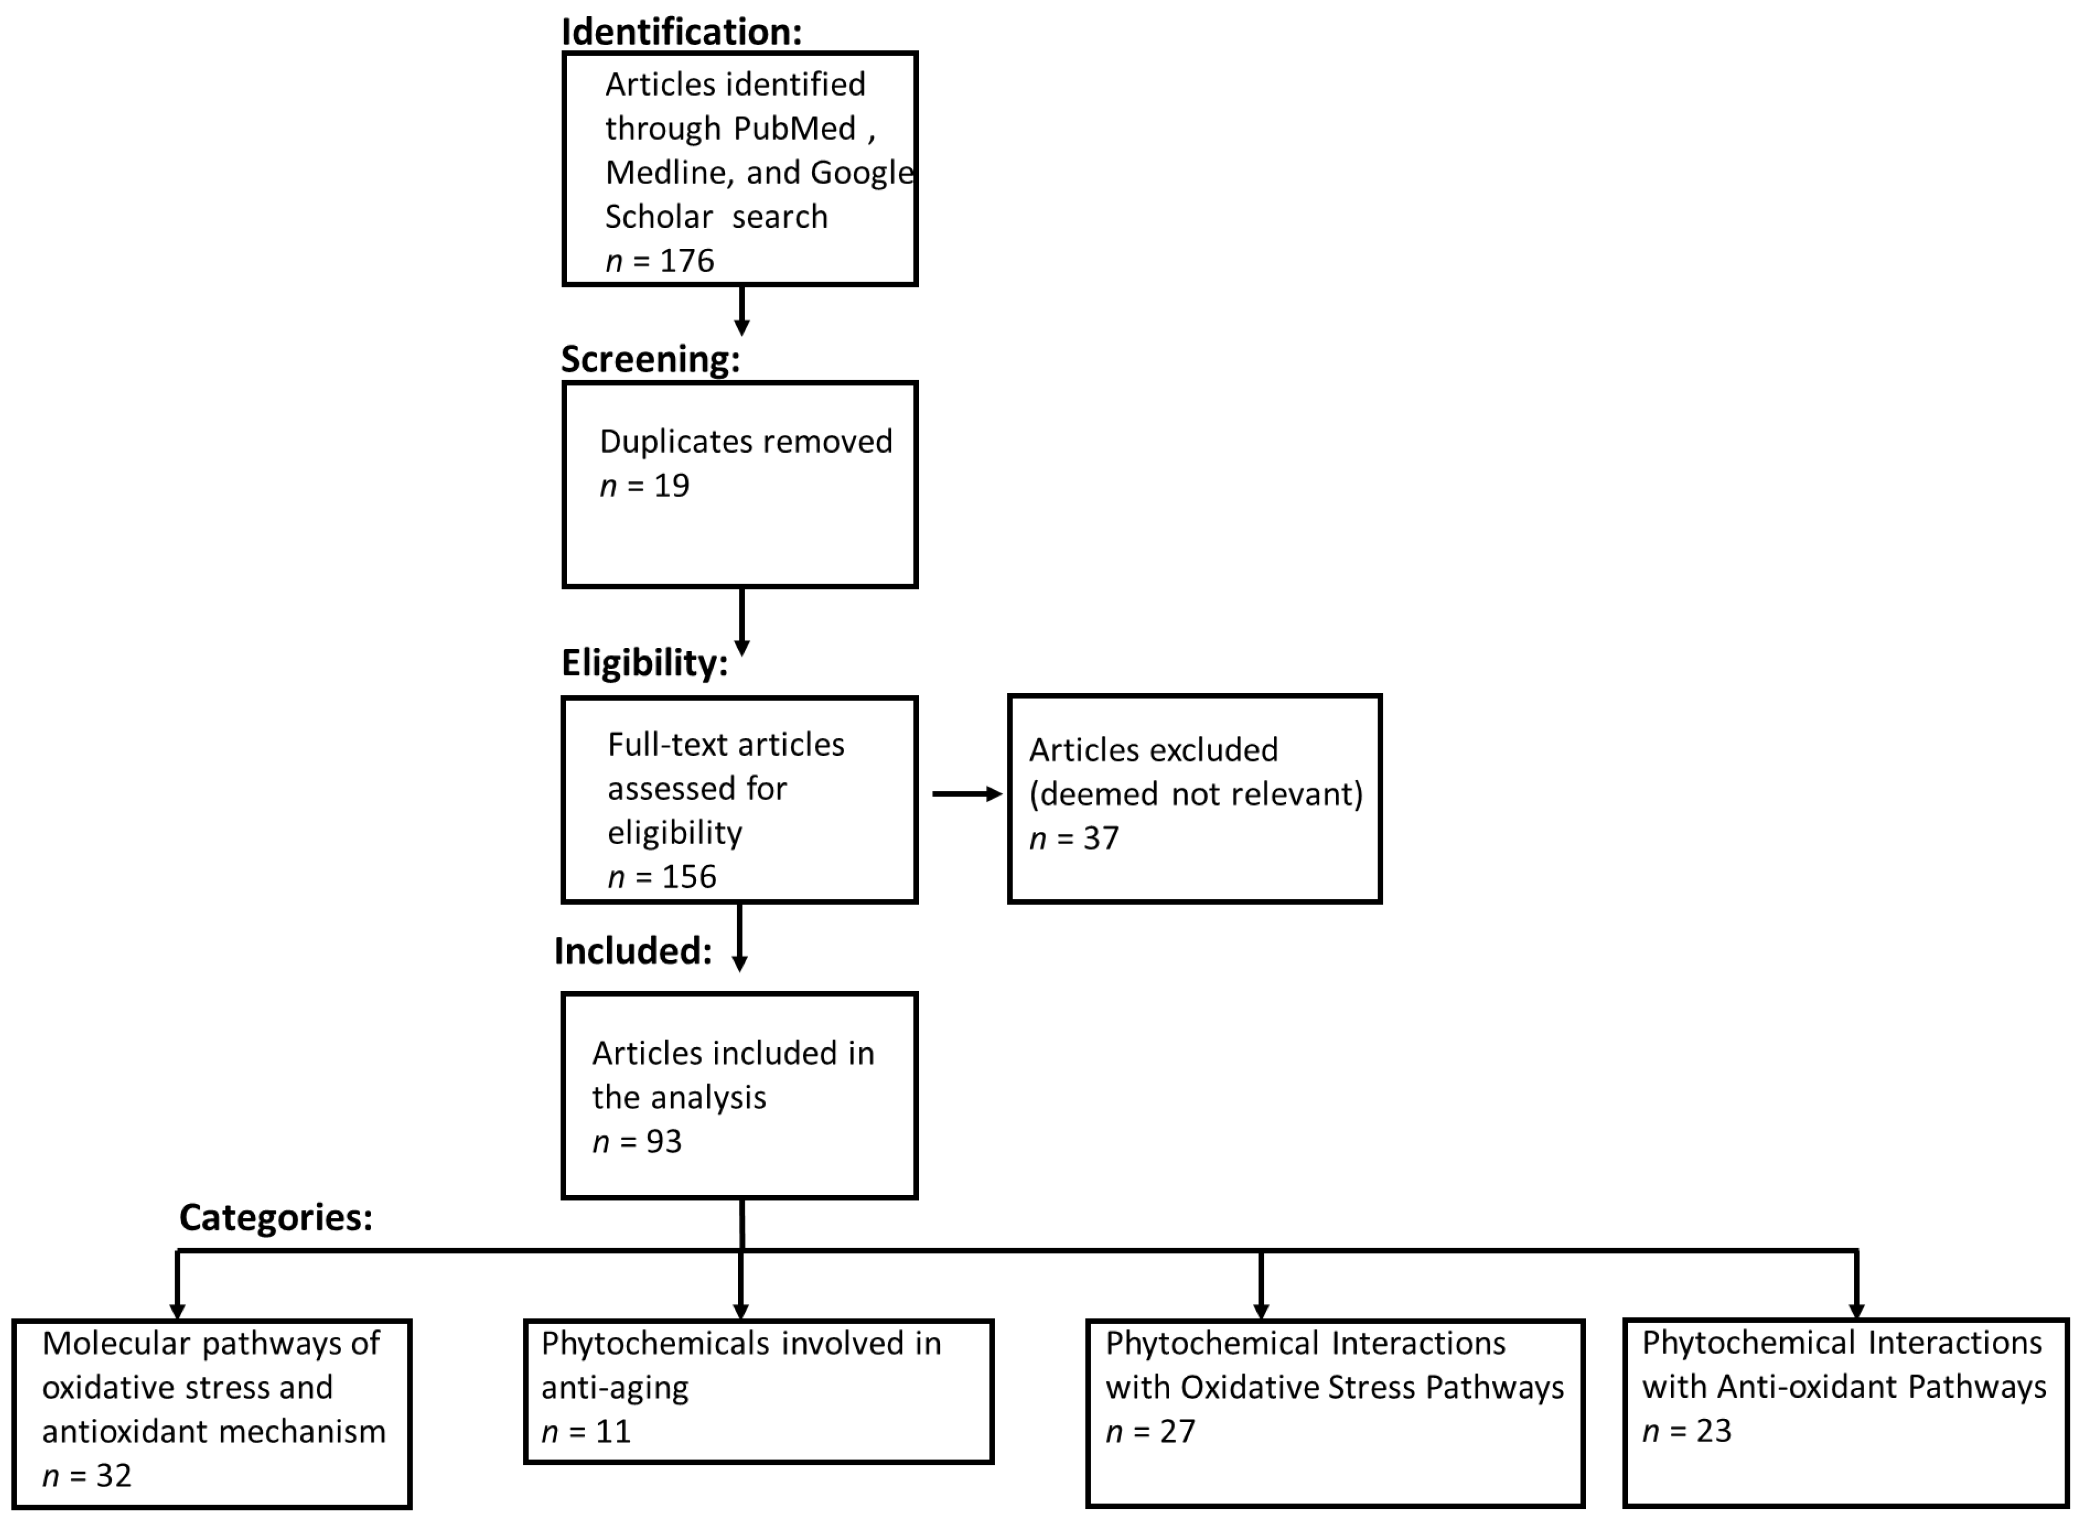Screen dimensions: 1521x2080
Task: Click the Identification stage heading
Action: pos(681,31)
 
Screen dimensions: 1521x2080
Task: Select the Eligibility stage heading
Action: pos(644,662)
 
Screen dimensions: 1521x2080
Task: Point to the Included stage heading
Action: pos(633,950)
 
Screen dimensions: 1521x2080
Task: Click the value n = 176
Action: pos(660,261)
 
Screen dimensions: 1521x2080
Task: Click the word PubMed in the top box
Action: pos(794,128)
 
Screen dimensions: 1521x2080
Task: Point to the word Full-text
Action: pos(658,744)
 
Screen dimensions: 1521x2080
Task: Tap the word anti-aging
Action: pos(614,1387)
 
